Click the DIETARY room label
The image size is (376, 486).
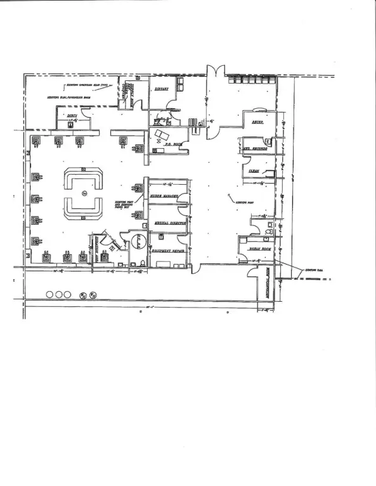[161, 89]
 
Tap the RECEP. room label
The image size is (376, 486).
[257, 121]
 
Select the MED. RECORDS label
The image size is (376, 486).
[255, 149]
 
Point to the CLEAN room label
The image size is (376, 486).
[254, 171]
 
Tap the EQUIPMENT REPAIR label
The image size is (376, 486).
[169, 251]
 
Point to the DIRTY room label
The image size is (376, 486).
[72, 115]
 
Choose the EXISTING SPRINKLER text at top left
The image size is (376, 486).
[89, 84]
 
